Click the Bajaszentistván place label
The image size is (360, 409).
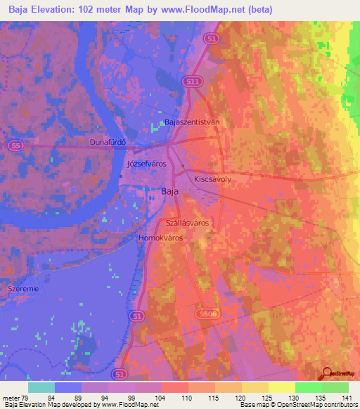pyautogui.click(x=192, y=122)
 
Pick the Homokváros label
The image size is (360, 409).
pyautogui.click(x=161, y=238)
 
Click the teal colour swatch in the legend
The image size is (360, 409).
pyautogui.click(x=41, y=387)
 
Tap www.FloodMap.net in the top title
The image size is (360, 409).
pyautogui.click(x=198, y=10)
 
